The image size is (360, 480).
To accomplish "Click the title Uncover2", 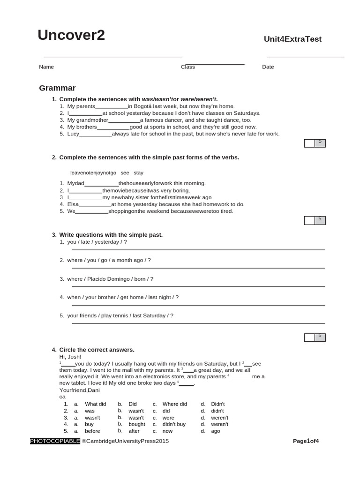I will pyautogui.click(x=71, y=35).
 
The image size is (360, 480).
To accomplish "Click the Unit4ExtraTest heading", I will pyautogui.click(x=292, y=39).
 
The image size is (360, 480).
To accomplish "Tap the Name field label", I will pyautogui.click(x=46, y=67).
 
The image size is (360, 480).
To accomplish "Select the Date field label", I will pyautogui.click(x=268, y=67).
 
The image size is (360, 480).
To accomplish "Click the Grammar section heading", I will pyautogui.click(x=57, y=88).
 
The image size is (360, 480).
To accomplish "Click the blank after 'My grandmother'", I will pyautogui.click(x=124, y=120).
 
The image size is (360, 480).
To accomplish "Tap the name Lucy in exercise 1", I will pyautogui.click(x=73, y=134).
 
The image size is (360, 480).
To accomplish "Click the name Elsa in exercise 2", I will pyautogui.click(x=73, y=204).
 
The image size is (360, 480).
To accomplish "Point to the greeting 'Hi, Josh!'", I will pyautogui.click(x=70, y=357).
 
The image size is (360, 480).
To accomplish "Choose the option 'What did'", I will pyautogui.click(x=95, y=404).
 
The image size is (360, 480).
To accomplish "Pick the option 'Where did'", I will pyautogui.click(x=174, y=404).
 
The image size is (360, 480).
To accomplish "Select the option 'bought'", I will pyautogui.click(x=136, y=424).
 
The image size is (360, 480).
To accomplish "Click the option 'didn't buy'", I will pyautogui.click(x=174, y=424).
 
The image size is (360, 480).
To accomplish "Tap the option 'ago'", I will pyautogui.click(x=215, y=431).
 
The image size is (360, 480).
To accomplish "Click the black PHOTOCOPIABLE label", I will pyautogui.click(x=55, y=441).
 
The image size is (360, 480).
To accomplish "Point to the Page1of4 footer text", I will pyautogui.click(x=306, y=441).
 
